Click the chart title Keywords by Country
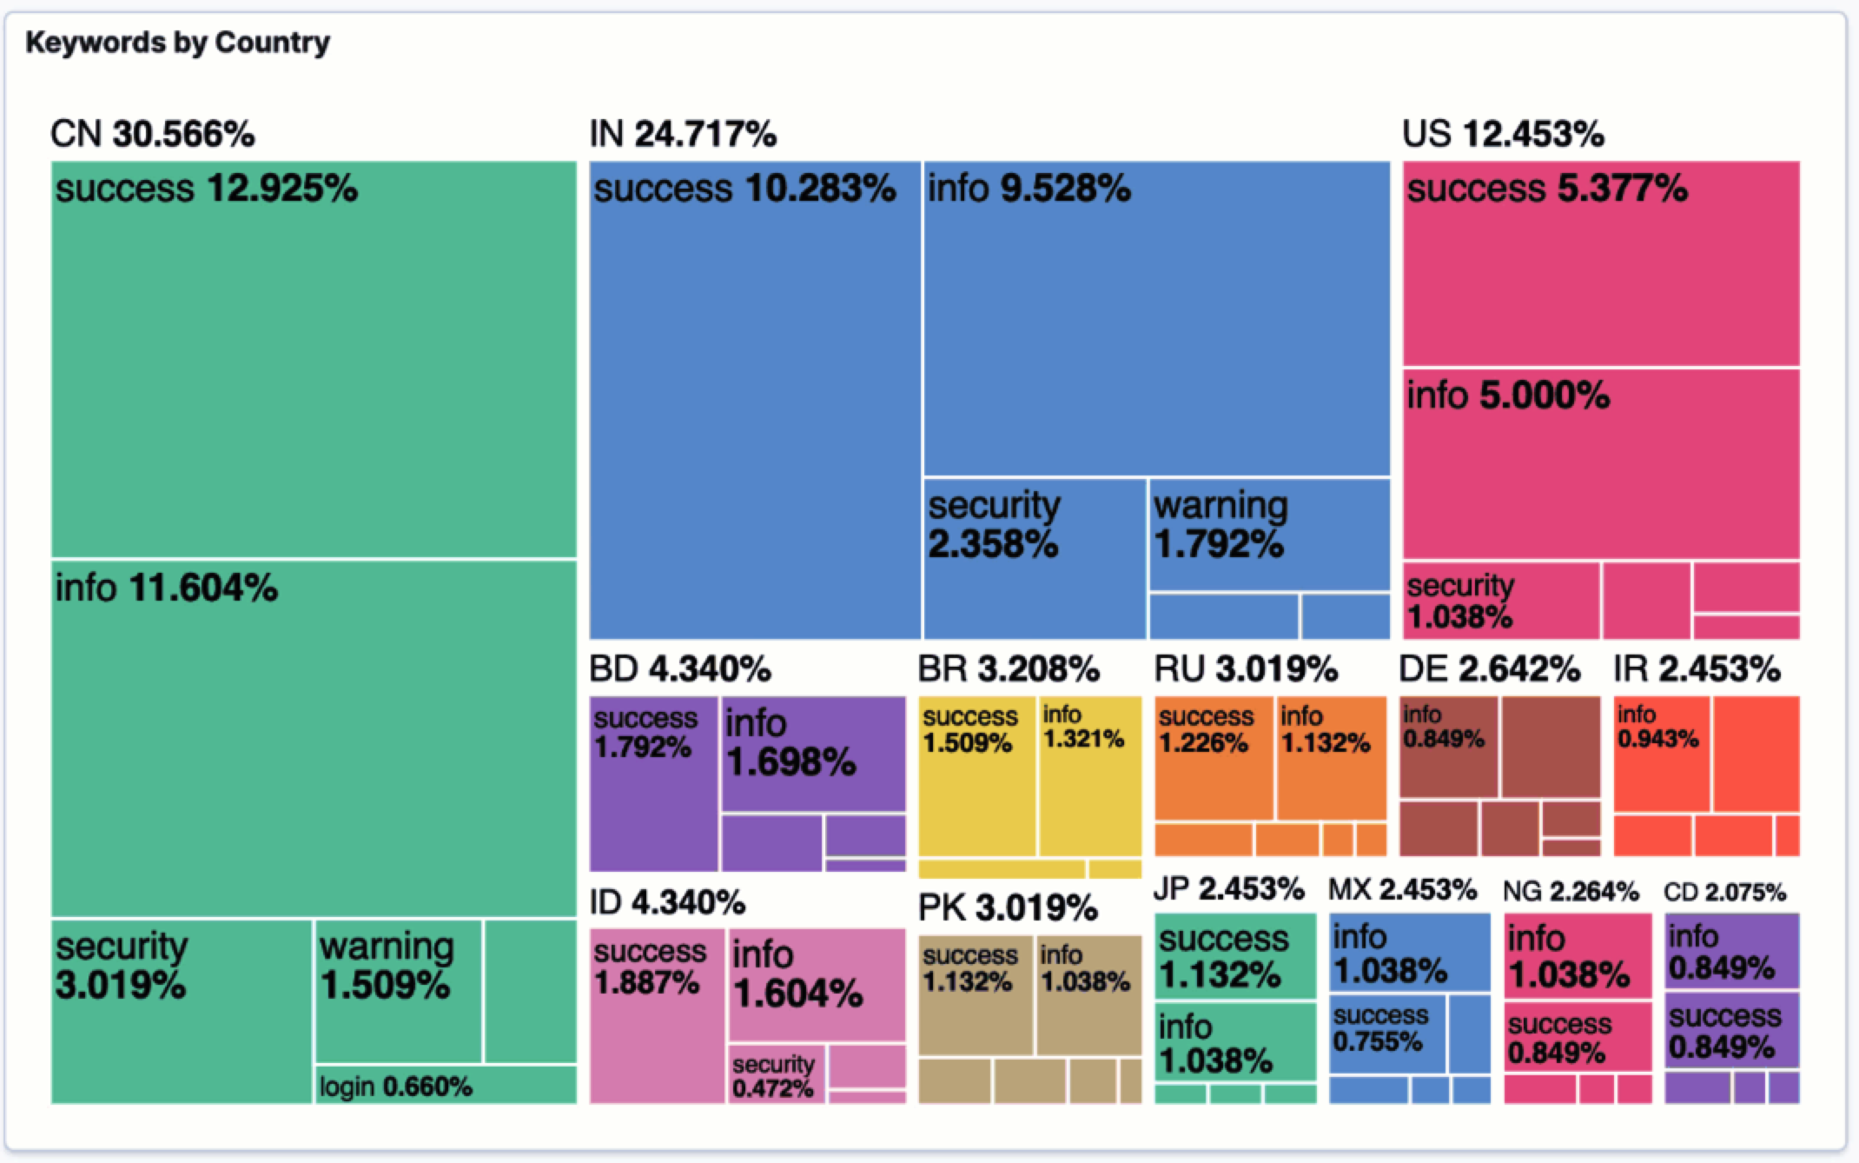177,42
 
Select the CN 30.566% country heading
152,134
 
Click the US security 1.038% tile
1500,601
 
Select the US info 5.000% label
1508,395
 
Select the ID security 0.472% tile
776,1074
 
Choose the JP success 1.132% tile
1234,955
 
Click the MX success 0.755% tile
1386,1034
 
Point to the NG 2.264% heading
1570,891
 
